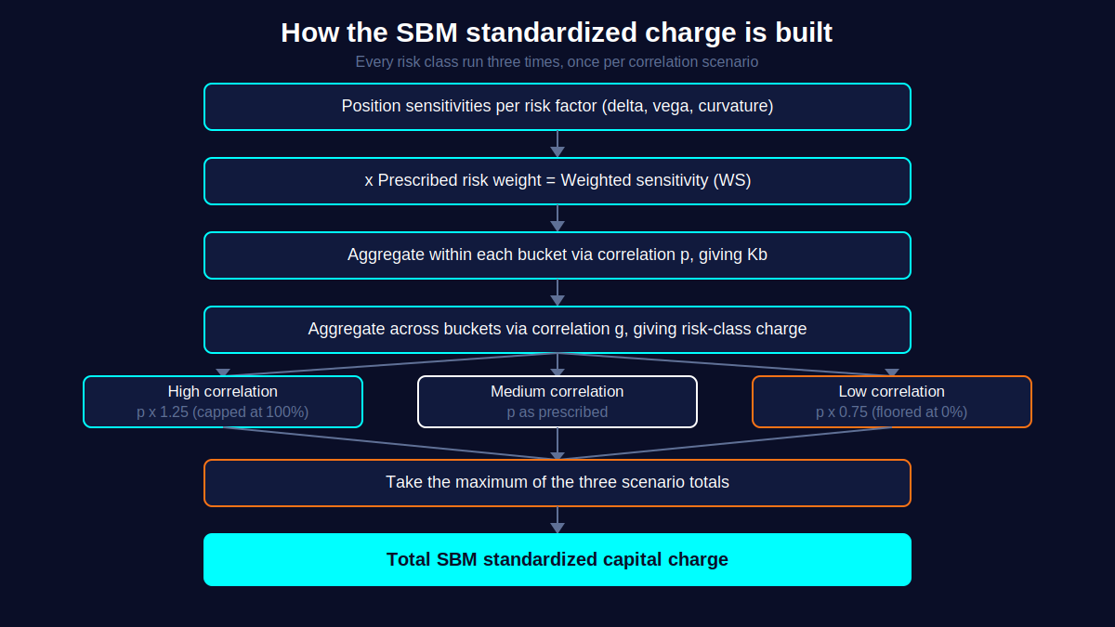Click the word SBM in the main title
coord(426,33)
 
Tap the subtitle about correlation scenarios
coord(557,61)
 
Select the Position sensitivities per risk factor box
coord(557,107)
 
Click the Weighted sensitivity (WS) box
coord(557,181)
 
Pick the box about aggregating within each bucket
coord(557,255)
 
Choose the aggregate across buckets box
coord(557,330)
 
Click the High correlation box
coord(223,401)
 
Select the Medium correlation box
coord(557,401)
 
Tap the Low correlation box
coord(892,401)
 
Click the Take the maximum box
coord(557,483)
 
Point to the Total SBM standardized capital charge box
coord(557,560)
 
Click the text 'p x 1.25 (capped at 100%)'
coord(222,412)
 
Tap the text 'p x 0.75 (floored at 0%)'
coord(891,412)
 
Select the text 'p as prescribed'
coord(557,412)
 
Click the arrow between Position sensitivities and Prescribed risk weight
coord(557,144)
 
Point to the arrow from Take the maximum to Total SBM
coord(557,520)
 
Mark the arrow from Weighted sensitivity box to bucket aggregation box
coord(557,218)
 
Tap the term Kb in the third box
coord(757,255)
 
